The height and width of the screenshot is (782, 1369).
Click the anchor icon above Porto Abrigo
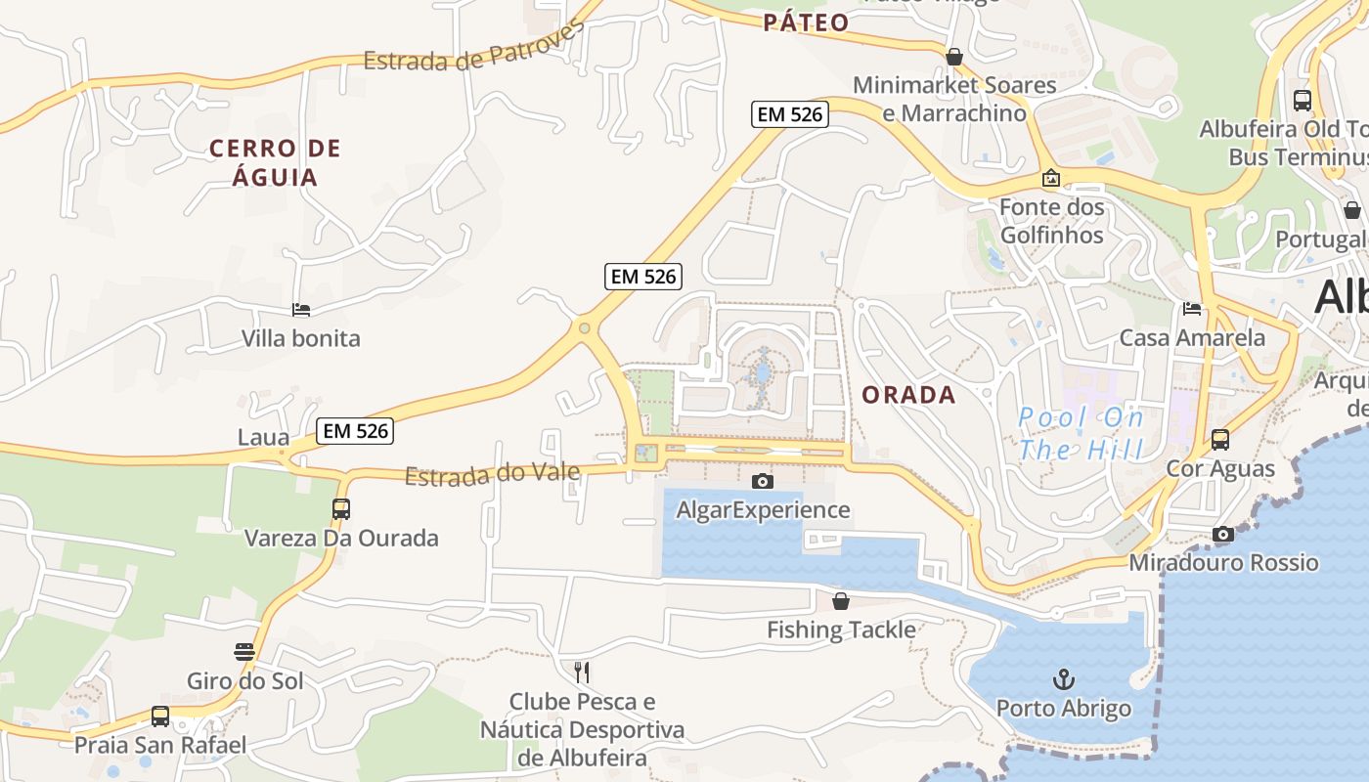click(1063, 678)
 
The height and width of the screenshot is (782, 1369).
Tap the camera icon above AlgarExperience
click(762, 481)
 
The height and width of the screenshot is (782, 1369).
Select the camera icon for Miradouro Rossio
click(1222, 534)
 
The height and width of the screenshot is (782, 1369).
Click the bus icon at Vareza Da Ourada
click(340, 508)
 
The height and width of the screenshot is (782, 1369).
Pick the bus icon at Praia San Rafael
click(160, 716)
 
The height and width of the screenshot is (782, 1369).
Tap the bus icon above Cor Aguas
click(1219, 440)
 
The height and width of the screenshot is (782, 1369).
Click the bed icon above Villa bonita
click(301, 310)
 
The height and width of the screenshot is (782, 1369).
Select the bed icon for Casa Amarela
click(1191, 309)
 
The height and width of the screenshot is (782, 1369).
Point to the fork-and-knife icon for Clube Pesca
click(582, 672)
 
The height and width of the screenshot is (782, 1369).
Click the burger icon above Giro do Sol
click(244, 652)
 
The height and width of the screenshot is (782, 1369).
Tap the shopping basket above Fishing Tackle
click(840, 601)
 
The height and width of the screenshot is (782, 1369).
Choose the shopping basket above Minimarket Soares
click(953, 57)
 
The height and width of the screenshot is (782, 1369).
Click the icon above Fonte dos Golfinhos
click(1051, 178)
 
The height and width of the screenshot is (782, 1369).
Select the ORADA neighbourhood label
click(908, 395)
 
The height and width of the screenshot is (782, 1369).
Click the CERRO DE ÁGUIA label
click(275, 162)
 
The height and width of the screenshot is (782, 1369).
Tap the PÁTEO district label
click(806, 22)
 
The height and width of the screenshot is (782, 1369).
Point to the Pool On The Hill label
click(1081, 433)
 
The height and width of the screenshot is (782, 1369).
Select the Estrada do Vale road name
click(492, 475)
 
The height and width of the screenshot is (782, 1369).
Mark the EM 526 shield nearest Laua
click(354, 430)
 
